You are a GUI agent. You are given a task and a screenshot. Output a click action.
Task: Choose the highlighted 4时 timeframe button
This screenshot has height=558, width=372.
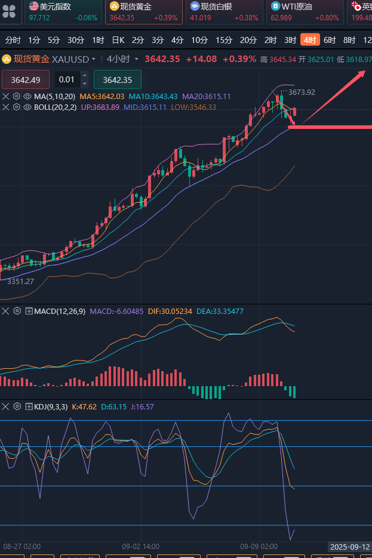click(x=310, y=40)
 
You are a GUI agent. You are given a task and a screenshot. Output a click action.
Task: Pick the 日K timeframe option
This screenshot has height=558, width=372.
click(x=118, y=40)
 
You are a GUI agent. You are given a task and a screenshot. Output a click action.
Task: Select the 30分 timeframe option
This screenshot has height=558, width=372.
click(x=76, y=40)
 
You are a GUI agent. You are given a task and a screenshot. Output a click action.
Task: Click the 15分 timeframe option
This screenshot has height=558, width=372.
click(x=224, y=40)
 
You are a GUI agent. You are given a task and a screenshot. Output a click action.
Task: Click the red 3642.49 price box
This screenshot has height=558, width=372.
click(x=26, y=80)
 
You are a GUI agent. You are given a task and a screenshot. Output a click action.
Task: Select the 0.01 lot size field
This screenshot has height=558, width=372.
click(x=67, y=80)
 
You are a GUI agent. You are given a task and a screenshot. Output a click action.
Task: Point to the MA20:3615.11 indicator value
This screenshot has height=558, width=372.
click(x=206, y=96)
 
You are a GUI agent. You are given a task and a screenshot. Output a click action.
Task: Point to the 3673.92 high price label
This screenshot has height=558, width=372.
click(x=302, y=93)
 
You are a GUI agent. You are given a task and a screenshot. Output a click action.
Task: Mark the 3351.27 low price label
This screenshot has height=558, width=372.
click(x=20, y=281)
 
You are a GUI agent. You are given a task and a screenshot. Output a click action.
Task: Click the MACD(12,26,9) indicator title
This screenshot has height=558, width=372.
click(x=59, y=311)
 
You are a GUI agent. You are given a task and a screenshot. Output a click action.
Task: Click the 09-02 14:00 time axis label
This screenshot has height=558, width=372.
click(x=140, y=546)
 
